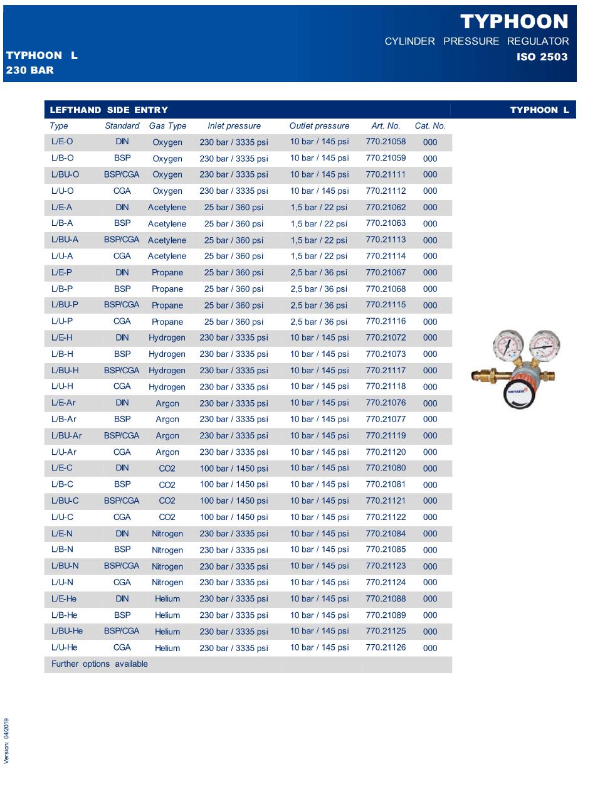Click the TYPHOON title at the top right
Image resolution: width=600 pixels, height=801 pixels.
514,22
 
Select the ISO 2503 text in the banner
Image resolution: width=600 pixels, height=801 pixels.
542,57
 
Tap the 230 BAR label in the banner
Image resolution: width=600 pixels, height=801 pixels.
30,70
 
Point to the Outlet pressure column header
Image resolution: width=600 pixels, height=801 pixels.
319,125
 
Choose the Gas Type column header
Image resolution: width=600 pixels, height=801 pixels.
167,125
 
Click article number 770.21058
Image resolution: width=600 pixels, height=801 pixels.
386,142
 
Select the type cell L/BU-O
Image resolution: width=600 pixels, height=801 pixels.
65,174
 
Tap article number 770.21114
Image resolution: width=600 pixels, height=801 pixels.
386,256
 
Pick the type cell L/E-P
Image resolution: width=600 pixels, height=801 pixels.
61,272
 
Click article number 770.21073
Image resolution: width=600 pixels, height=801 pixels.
386,354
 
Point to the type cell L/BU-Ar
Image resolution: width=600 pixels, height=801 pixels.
66,435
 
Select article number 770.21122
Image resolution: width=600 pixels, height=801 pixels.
386,517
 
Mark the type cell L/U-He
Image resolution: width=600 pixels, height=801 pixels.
65,647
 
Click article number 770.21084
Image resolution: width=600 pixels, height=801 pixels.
386,533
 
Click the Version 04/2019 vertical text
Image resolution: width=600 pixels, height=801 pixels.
7,741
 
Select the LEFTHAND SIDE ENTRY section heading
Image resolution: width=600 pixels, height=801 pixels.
109,110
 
